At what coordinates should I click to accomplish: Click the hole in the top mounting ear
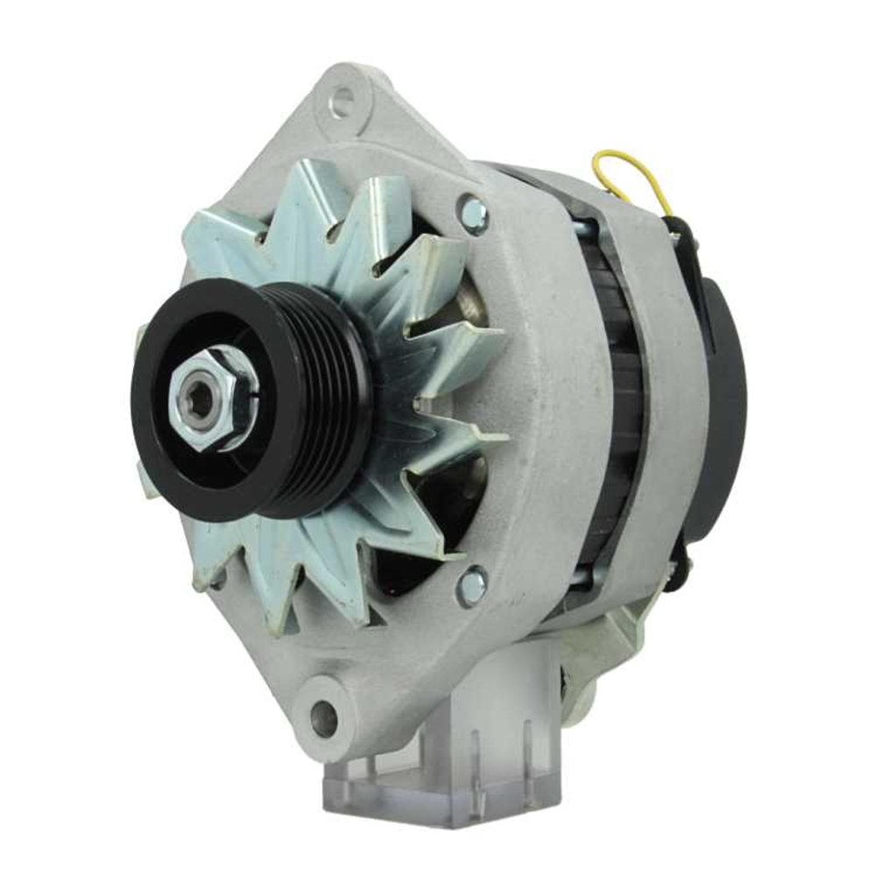click(x=344, y=102)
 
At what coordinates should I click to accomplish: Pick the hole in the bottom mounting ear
click(x=324, y=717)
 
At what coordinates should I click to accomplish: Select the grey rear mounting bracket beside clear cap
click(x=604, y=648)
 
